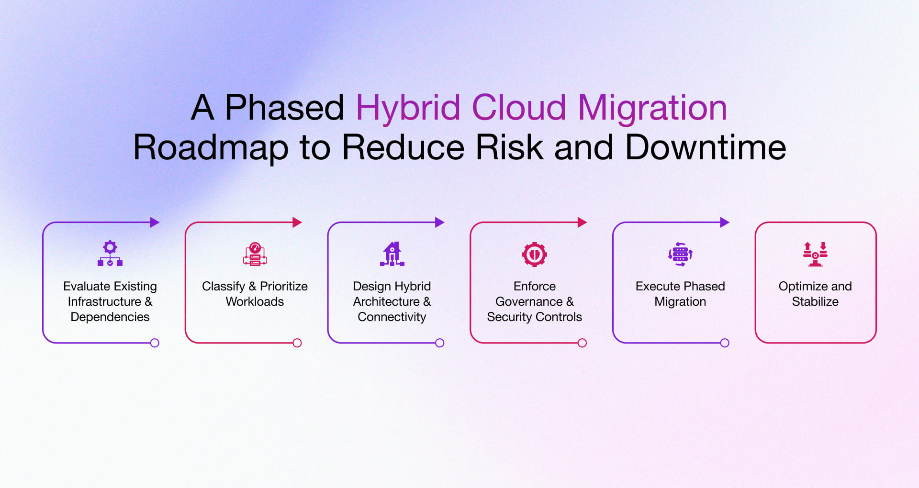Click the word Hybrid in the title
408,108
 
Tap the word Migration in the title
652,108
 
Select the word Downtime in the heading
705,147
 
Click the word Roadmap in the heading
211,147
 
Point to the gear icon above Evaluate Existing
110,254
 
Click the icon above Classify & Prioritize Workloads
255,254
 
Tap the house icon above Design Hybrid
392,254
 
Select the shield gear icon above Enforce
534,254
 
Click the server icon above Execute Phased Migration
680,254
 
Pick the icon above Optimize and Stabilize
815,254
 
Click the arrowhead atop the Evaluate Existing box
154,222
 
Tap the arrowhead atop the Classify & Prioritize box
297,222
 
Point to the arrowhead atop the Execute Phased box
724,222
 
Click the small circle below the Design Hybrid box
439,343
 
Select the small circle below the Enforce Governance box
582,343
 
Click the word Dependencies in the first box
110,317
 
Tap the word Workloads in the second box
255,301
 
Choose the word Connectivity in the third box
392,317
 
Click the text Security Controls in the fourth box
534,317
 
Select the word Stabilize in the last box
815,301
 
